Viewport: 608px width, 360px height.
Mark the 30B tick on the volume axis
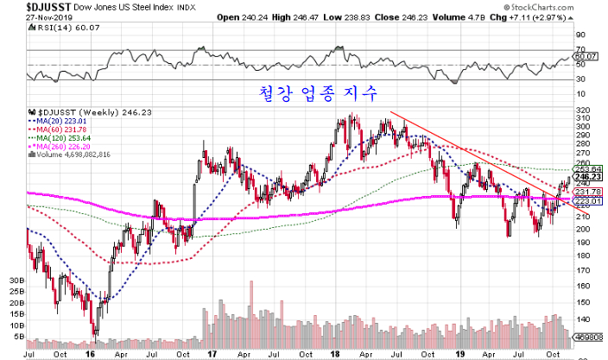click(16, 281)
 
